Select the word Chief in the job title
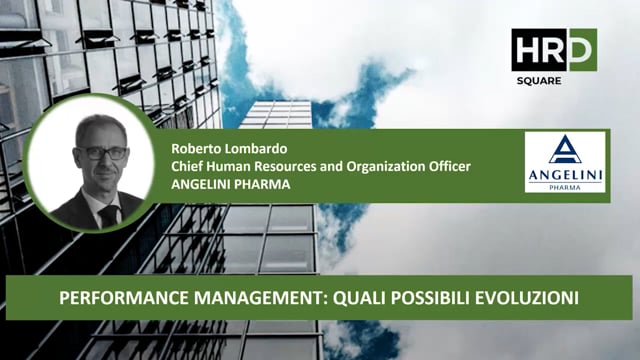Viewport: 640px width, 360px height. click(187, 167)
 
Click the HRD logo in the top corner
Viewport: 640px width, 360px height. click(553, 49)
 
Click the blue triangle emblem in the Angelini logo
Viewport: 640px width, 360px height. click(565, 150)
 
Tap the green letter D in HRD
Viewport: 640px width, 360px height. click(581, 49)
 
